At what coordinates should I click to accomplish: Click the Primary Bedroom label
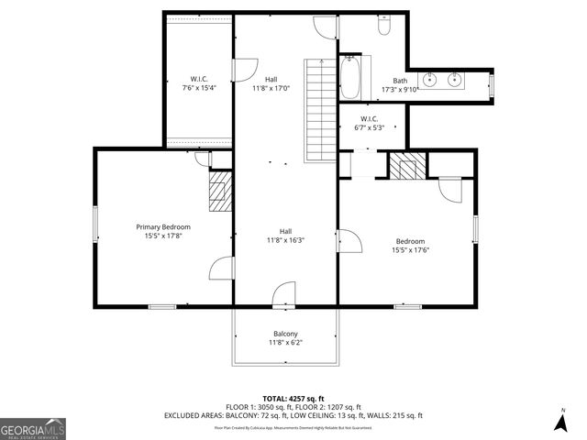pyautogui.click(x=163, y=232)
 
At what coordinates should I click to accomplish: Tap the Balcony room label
pyautogui.click(x=285, y=338)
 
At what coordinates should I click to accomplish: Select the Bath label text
pyautogui.click(x=400, y=85)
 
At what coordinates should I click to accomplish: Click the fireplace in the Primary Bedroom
pyautogui.click(x=218, y=193)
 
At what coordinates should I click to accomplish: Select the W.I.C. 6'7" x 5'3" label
pyautogui.click(x=369, y=123)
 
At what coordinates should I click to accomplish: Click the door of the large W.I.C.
pyautogui.click(x=244, y=70)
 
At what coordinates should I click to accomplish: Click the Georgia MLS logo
pyautogui.click(x=32, y=428)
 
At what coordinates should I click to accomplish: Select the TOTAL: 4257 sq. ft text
pyautogui.click(x=293, y=398)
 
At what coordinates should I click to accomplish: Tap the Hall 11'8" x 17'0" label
pyautogui.click(x=271, y=84)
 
